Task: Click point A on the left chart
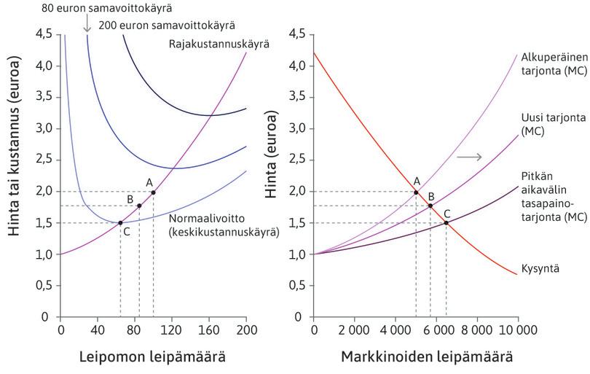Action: pos(153,192)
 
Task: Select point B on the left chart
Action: pos(139,206)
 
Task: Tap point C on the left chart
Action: pos(120,222)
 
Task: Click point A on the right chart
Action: pos(416,192)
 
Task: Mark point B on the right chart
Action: pos(430,206)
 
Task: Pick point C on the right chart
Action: pos(446,222)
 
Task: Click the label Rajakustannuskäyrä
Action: pos(219,44)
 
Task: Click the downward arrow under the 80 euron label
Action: pos(87,25)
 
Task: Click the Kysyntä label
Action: pos(540,269)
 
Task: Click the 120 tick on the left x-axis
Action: pos(172,329)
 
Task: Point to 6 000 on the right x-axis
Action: pos(436,329)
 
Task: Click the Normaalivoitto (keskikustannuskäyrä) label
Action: pos(223,225)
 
